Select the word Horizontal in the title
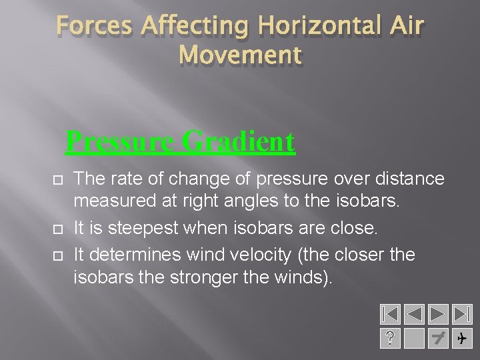pyautogui.click(x=309, y=27)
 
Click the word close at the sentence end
pyautogui.click(x=354, y=228)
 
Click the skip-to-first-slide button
pyautogui.click(x=390, y=315)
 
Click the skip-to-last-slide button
pyautogui.click(x=461, y=315)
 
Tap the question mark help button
pyautogui.click(x=390, y=339)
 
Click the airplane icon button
pyautogui.click(x=461, y=339)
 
